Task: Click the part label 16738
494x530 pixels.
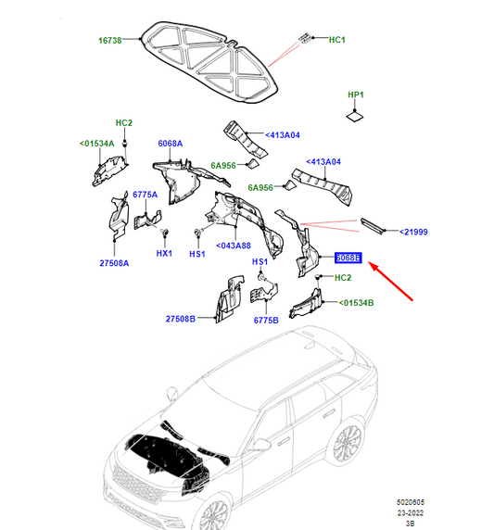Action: (x=110, y=40)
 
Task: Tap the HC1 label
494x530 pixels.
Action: (x=337, y=40)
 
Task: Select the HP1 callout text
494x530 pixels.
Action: (x=356, y=95)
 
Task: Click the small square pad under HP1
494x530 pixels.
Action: (x=355, y=117)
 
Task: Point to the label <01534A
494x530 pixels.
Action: (x=97, y=144)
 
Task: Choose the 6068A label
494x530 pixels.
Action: (x=171, y=144)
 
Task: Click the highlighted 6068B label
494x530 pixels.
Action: (x=348, y=258)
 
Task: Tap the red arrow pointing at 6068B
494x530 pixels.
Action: (x=390, y=281)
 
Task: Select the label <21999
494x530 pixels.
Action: (x=413, y=232)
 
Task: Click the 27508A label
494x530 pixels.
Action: (x=114, y=263)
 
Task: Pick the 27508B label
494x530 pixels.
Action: (x=181, y=319)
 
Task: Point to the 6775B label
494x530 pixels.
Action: (x=266, y=320)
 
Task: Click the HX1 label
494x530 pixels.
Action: (x=164, y=253)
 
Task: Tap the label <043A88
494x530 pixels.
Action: (x=234, y=246)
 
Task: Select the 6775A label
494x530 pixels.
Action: (x=146, y=195)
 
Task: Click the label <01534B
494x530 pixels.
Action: (x=357, y=302)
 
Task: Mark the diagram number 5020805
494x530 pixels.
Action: (x=411, y=502)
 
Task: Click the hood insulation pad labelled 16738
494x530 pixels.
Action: (x=209, y=62)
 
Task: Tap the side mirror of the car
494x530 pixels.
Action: (x=262, y=444)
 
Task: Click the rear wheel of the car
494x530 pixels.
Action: (x=348, y=444)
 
